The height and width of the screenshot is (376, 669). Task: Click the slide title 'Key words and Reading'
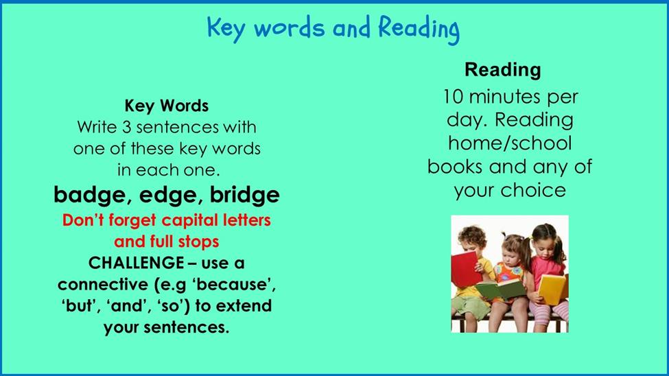[333, 28]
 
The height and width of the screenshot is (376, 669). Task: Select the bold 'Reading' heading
[502, 70]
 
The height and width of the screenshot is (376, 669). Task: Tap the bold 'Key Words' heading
[167, 106]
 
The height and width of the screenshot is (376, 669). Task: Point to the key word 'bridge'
[244, 195]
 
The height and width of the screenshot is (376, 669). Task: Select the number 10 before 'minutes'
[453, 97]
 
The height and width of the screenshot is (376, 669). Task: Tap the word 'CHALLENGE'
[136, 263]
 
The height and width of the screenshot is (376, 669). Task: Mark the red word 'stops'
[198, 242]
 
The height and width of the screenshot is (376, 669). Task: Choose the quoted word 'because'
[233, 285]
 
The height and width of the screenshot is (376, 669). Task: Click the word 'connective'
[104, 285]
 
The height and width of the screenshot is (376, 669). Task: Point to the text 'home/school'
[510, 143]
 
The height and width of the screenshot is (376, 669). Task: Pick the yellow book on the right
[552, 289]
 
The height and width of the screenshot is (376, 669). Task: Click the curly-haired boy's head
[472, 240]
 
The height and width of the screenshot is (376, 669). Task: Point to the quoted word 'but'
[80, 306]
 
